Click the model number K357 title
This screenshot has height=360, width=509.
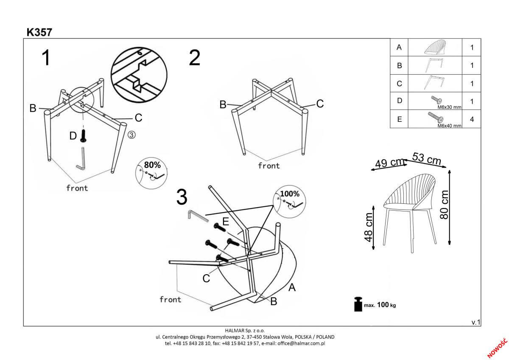39,32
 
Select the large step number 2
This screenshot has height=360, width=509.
194,58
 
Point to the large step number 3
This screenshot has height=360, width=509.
182,197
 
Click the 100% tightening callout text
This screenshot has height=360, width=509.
290,194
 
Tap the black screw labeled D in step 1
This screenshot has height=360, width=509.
84,136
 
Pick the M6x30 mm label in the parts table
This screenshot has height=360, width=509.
449,108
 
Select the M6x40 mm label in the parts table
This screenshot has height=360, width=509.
449,126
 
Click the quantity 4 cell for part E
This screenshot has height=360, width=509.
472,119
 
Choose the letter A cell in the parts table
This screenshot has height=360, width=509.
399,48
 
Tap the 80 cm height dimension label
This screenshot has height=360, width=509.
444,204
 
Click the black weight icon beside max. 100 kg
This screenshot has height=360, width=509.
358,304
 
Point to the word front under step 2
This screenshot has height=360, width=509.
269,166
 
